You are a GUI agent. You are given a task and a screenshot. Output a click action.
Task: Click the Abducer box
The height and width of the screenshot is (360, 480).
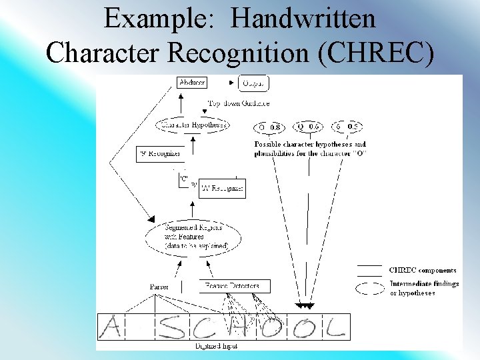tap(192, 83)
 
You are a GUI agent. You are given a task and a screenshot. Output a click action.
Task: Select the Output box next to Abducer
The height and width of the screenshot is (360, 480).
tap(253, 83)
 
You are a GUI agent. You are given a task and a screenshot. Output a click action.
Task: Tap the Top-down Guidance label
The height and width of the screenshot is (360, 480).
tap(238, 103)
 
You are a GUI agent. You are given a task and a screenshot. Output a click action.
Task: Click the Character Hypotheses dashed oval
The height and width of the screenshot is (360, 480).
tap(193, 125)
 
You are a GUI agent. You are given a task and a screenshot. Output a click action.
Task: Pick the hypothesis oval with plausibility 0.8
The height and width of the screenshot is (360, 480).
tap(269, 127)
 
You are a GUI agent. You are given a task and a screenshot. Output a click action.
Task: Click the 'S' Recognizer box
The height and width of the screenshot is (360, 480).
tap(159, 154)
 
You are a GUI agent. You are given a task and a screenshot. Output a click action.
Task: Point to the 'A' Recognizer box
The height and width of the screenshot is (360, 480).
tap(222, 189)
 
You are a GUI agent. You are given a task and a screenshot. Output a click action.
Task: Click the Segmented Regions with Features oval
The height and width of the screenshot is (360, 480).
tap(194, 237)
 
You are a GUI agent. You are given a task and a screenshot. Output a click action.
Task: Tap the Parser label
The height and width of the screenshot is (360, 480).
tap(159, 286)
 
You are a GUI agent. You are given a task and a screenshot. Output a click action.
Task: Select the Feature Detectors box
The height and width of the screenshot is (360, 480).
tap(235, 286)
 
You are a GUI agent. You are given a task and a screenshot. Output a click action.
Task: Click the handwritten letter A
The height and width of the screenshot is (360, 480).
tap(112, 327)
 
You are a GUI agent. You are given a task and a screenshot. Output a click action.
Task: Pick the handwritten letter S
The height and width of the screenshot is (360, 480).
tap(173, 327)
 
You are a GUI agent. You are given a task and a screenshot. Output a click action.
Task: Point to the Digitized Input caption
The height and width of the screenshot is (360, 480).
tap(216, 346)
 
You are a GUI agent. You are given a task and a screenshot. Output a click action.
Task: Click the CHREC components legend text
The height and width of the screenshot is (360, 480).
tap(423, 270)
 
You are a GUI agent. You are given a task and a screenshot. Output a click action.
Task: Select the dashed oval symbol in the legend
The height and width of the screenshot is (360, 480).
tap(370, 289)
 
